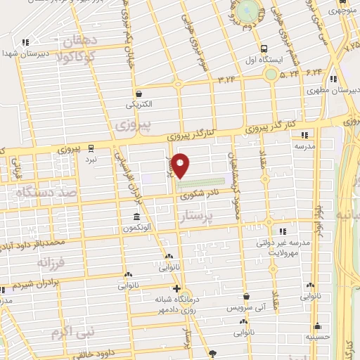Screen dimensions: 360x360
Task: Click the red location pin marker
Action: coord(181,165)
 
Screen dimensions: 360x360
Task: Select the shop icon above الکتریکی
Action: coord(139,93)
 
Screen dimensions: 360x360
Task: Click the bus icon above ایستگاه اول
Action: coord(264,49)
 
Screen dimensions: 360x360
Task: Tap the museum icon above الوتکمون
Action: coord(136,217)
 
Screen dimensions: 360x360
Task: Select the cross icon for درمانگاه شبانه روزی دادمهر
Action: coord(176,288)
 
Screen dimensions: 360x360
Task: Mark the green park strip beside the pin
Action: coord(207,181)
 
